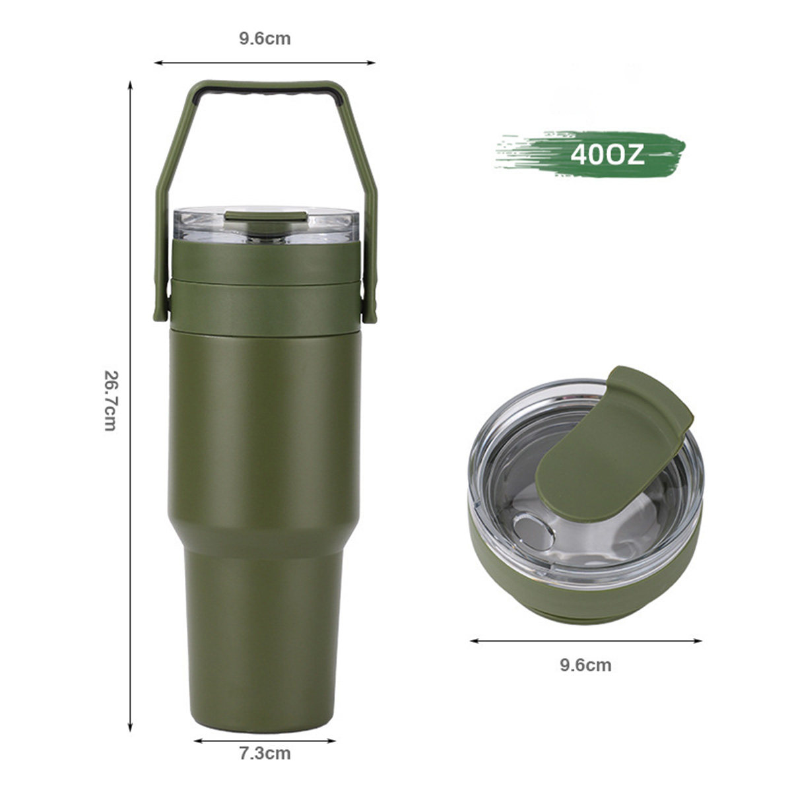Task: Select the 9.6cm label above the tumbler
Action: click(x=265, y=39)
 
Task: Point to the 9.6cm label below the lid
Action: click(x=585, y=665)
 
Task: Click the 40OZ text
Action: click(x=607, y=155)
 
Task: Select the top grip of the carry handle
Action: click(x=266, y=88)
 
